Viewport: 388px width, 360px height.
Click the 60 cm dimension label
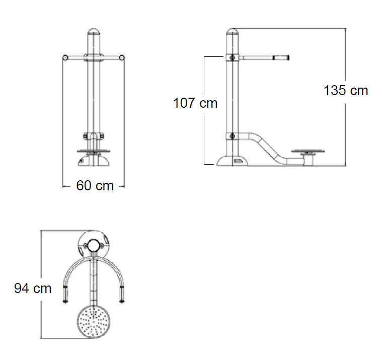click(x=95, y=186)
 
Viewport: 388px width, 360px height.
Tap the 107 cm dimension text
click(x=195, y=103)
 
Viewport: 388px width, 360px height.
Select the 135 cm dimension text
click(x=346, y=90)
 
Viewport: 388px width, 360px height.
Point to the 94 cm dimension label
click(x=33, y=289)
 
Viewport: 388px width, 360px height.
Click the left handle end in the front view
click(x=65, y=58)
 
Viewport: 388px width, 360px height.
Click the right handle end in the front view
click(x=121, y=58)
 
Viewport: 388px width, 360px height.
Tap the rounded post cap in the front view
click(x=94, y=32)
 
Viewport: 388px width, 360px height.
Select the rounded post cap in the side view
click(x=232, y=32)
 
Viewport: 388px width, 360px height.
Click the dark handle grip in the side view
click(x=281, y=58)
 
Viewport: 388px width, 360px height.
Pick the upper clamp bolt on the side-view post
click(x=232, y=58)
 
